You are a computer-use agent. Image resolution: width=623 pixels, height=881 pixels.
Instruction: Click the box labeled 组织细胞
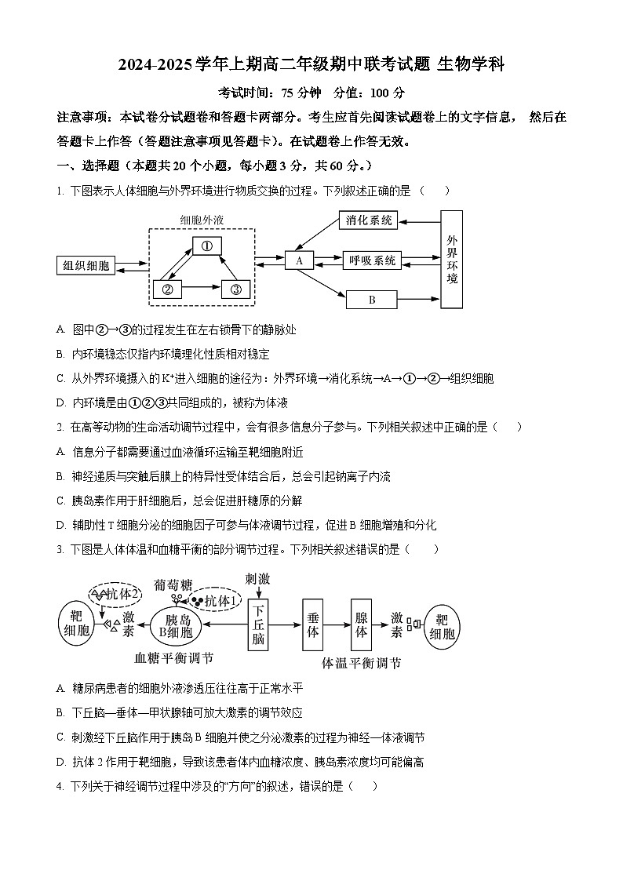(x=86, y=265)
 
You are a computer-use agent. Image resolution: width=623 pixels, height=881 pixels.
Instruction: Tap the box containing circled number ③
(x=235, y=289)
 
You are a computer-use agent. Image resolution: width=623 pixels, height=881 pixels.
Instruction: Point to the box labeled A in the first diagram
(x=299, y=260)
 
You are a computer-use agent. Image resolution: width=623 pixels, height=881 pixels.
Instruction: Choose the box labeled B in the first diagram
(x=371, y=300)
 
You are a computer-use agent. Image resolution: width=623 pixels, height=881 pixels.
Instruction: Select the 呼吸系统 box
(x=372, y=260)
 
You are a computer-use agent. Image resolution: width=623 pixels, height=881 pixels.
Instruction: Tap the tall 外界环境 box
(x=451, y=260)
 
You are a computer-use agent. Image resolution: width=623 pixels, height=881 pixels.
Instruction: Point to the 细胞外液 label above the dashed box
(x=202, y=220)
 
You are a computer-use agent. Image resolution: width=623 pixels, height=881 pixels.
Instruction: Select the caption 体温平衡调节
(x=361, y=663)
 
